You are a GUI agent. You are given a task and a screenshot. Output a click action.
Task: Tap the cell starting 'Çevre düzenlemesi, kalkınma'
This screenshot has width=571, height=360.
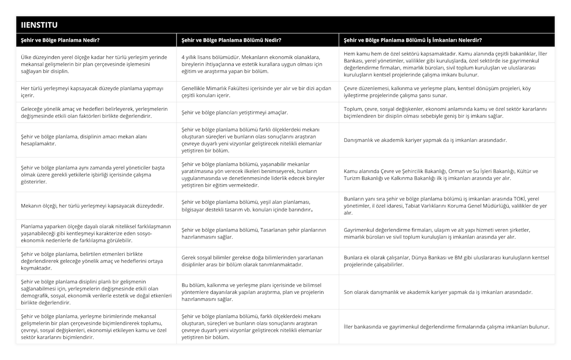click(x=445, y=92)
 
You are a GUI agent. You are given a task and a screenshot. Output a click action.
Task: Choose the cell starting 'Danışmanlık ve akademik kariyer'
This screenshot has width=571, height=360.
click(x=425, y=140)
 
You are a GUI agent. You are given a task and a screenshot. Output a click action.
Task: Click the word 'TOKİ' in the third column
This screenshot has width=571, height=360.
click(x=519, y=199)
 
